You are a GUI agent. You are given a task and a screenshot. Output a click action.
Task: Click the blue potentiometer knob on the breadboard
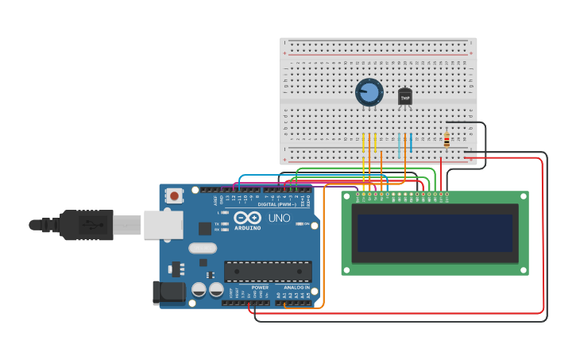pos(369,92)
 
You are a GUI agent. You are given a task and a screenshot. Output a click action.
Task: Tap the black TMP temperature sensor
pos(405,97)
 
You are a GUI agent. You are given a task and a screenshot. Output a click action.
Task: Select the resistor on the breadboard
pos(446,141)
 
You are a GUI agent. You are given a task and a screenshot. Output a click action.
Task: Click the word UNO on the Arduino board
pos(279,217)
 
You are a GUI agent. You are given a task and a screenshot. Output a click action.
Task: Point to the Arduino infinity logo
pos(248,218)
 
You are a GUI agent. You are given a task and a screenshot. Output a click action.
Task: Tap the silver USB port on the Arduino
pos(163,225)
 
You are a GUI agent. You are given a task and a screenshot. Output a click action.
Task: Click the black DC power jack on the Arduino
pos(169,292)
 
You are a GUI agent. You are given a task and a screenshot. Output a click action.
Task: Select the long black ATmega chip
pos(267,271)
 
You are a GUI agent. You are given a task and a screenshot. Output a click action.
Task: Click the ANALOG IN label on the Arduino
pos(292,288)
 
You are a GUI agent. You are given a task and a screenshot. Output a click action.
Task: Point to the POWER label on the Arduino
pos(260,288)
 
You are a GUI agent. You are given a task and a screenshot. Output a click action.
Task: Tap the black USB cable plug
pos(87,225)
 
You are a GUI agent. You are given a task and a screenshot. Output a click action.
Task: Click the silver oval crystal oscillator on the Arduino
pos(203,248)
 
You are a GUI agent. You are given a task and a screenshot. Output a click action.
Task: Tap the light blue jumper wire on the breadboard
pos(399,145)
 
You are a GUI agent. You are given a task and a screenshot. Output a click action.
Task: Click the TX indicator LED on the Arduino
pos(226,224)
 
